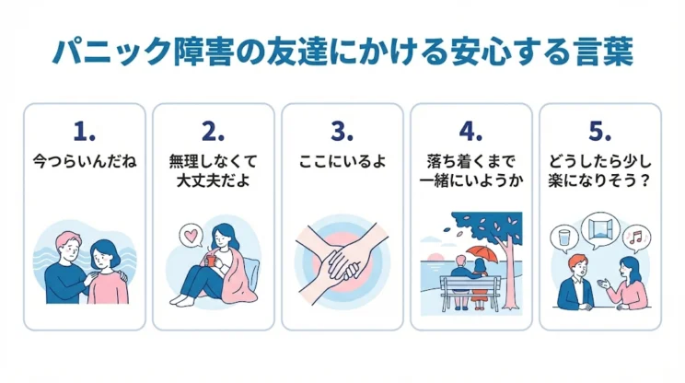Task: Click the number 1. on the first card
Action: pyautogui.click(x=84, y=130)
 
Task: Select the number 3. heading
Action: pyautogui.click(x=342, y=130)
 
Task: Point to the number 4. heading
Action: pyautogui.click(x=470, y=130)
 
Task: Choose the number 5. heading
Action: pyautogui.click(x=599, y=130)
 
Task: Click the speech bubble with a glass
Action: pyautogui.click(x=563, y=238)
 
